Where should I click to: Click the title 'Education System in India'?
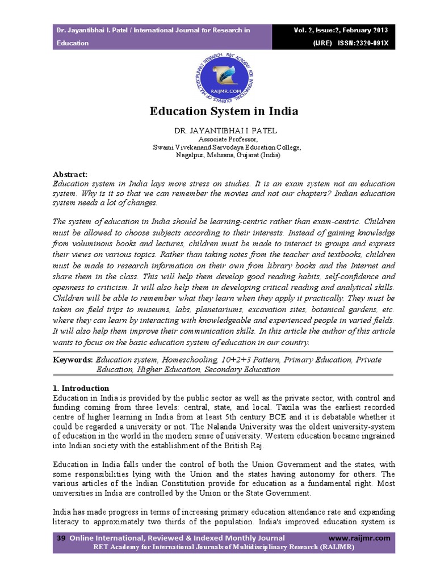click(224, 111)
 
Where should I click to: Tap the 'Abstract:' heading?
click(70, 174)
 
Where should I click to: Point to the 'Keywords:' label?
click(73, 360)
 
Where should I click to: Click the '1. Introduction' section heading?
click(81, 388)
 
